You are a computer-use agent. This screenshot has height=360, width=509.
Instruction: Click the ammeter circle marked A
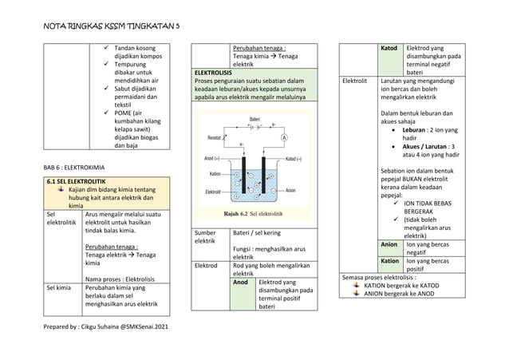[282, 137]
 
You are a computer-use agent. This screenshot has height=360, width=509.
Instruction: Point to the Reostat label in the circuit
[214, 137]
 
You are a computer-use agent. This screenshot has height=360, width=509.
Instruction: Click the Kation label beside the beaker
[215, 173]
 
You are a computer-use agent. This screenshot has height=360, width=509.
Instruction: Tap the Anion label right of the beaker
[290, 190]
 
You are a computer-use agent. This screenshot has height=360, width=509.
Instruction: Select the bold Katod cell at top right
[390, 47]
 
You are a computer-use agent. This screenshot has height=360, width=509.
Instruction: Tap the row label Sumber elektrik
[207, 236]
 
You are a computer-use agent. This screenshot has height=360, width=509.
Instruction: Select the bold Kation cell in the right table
[390, 261]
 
